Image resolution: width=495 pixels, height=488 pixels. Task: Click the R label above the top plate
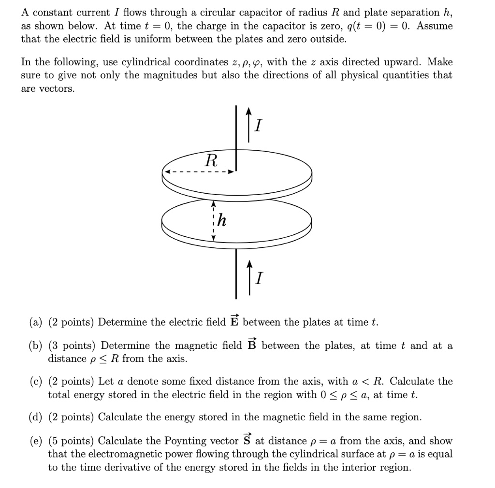pyautogui.click(x=211, y=160)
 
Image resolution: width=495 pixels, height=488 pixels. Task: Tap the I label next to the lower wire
pyautogui.click(x=259, y=278)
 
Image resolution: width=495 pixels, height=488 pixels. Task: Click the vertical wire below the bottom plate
pyautogui.click(x=236, y=273)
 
